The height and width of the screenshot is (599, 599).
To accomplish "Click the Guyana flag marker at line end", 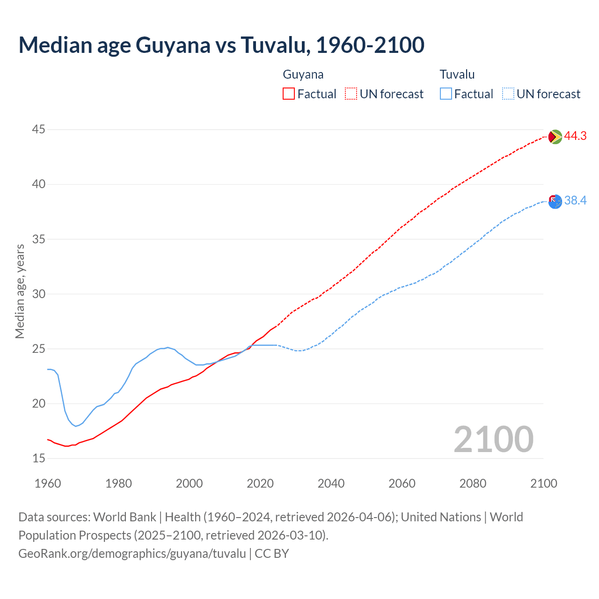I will coord(555,137).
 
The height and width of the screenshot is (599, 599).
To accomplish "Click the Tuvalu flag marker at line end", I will coord(555,202).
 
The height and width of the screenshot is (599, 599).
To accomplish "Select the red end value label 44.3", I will coord(575,136).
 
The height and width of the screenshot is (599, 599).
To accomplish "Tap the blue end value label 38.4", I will coord(575,201).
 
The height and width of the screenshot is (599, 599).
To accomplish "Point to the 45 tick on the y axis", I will coord(39,129).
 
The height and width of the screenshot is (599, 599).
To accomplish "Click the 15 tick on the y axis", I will coord(39,458).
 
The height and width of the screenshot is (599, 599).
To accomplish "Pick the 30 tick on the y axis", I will coord(39,294).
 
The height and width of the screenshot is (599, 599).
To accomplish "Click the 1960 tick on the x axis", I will coord(48,483).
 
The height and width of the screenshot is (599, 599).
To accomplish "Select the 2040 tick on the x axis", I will coord(331,483).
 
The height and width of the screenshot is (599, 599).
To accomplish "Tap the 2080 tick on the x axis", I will coord(473,483).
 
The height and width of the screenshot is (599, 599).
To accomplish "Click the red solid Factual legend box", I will coord(289,94).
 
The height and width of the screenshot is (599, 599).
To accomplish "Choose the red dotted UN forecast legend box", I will coord(351,94).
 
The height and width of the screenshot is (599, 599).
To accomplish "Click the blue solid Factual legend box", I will coord(446,94).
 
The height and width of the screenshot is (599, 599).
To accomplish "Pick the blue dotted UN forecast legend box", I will coord(508,94).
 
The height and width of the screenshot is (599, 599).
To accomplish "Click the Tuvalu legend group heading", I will coord(457,74).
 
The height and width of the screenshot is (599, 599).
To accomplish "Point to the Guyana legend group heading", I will coord(303,74).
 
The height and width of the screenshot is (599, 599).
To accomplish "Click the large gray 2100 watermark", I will coord(493,439).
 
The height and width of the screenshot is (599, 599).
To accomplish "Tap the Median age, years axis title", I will coord(20,291).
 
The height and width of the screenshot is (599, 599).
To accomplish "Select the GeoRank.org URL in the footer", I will coord(132,553).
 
